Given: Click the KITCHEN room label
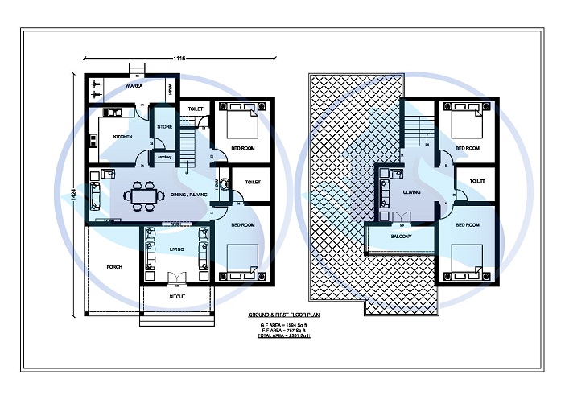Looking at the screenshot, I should tap(122, 137).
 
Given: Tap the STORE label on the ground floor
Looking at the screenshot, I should tap(164, 127).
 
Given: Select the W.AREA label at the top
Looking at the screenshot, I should tap(134, 85).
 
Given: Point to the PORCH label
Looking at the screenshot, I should tap(114, 266).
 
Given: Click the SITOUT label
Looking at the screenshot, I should tap(178, 297).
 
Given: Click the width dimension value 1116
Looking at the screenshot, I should tap(179, 58).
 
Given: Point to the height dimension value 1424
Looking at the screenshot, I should tap(74, 195).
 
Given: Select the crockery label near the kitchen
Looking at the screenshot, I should tap(165, 157).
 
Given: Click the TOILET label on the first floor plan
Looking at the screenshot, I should tap(477, 182).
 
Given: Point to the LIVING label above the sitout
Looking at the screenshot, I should tap(177, 249).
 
